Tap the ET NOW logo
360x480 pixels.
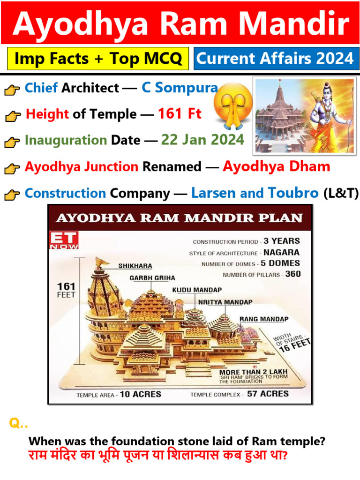click(64, 240)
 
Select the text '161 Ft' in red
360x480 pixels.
click(180, 114)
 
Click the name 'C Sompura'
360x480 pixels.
click(180, 88)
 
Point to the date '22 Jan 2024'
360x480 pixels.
click(202, 140)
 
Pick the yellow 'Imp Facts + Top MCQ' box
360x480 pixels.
click(98, 59)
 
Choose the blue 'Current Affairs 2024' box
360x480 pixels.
click(275, 59)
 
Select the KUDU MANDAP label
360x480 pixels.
click(197, 290)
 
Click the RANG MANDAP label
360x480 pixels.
click(264, 319)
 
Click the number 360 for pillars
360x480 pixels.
click(293, 274)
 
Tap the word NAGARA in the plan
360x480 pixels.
click(282, 252)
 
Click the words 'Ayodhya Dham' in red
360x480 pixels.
click(276, 166)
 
